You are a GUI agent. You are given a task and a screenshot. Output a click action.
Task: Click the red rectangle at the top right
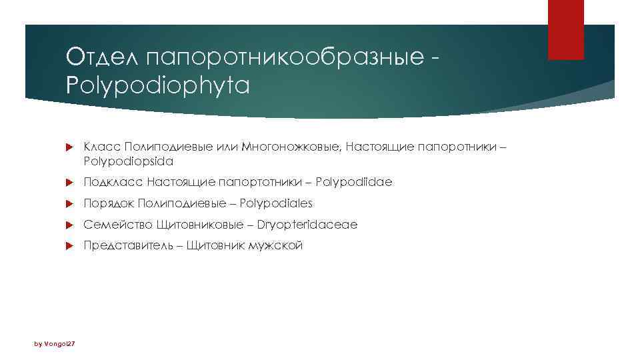(565, 30)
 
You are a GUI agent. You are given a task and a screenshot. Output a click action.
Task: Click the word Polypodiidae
(354, 182)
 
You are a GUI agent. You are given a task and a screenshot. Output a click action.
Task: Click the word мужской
(275, 246)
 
